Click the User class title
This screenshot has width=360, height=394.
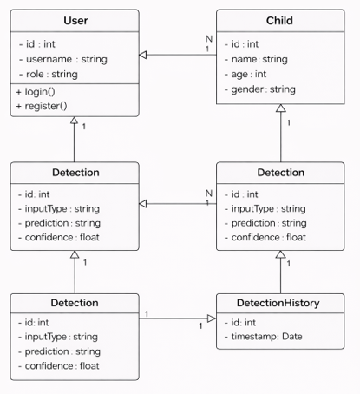pos(75,21)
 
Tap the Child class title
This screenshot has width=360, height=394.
pos(279,21)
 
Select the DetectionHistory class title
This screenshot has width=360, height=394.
pos(278,303)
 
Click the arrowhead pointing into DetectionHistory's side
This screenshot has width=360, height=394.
pos(212,318)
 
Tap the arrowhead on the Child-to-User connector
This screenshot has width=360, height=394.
pos(143,55)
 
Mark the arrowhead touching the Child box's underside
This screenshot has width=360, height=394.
pos(281,108)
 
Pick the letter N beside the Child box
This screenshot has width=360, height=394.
pos(209,39)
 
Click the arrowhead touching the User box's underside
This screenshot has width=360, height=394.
pos(75,121)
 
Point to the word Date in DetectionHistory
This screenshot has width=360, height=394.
pos(292,337)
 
